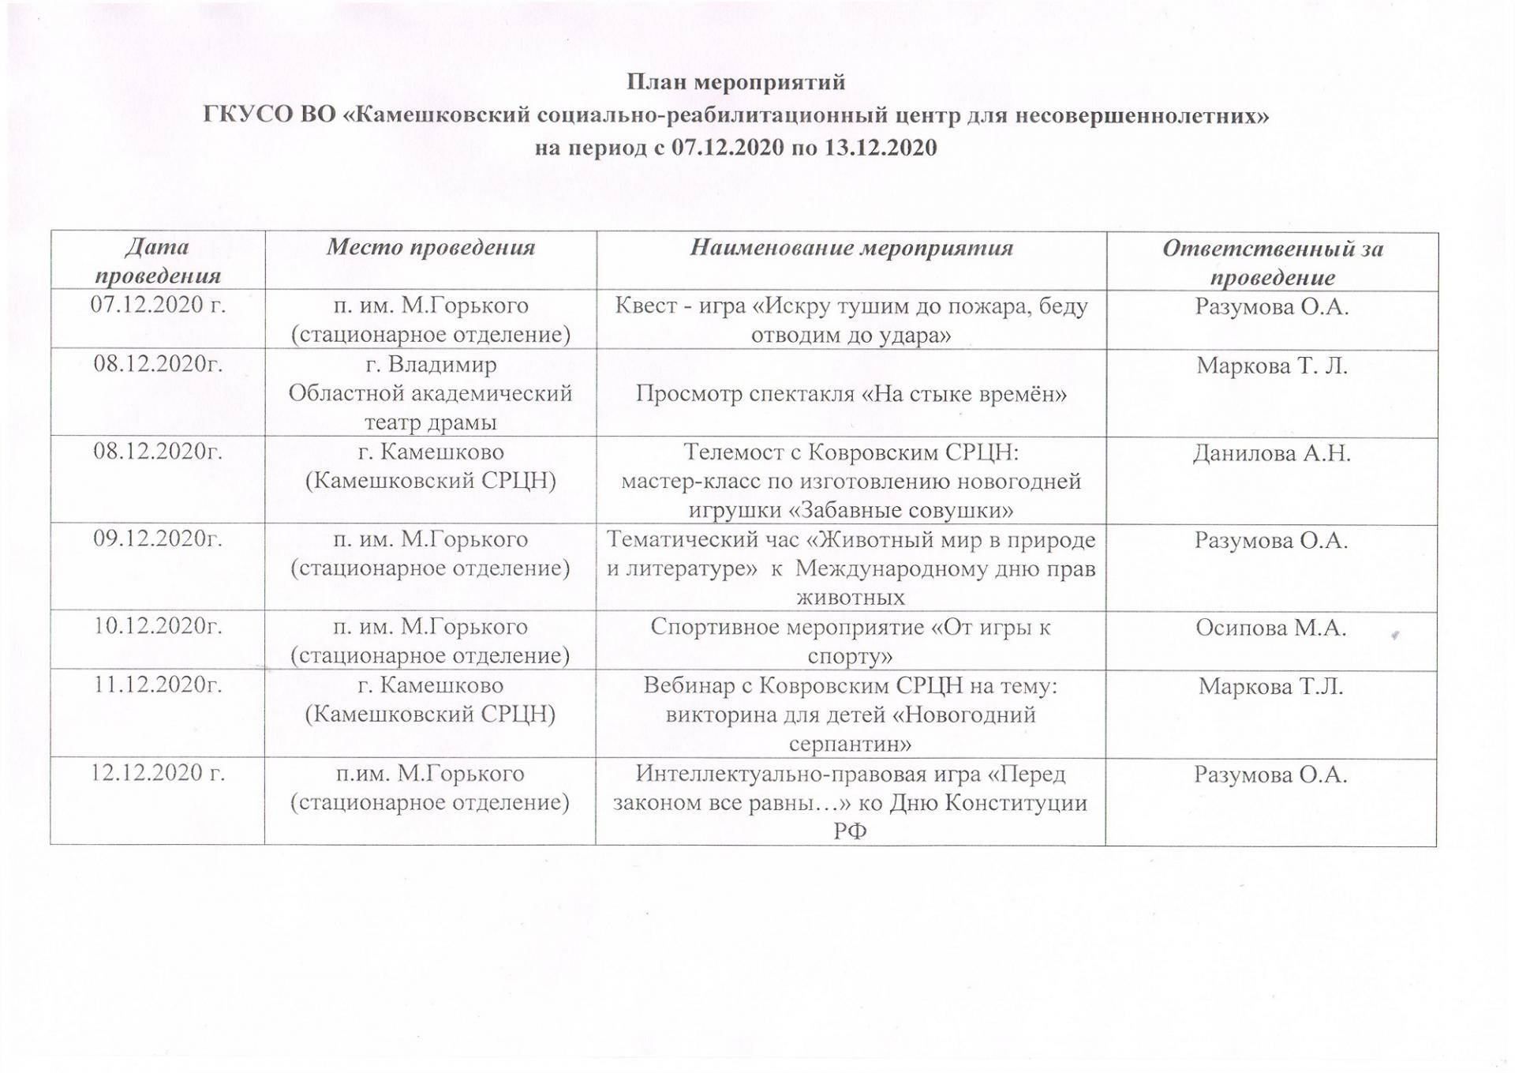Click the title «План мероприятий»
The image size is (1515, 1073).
(x=735, y=82)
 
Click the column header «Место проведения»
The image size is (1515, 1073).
(x=431, y=248)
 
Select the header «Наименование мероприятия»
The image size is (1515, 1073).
(x=851, y=248)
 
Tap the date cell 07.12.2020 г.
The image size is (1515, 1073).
(x=158, y=305)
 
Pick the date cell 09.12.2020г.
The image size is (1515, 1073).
(x=158, y=538)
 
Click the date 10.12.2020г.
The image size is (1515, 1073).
(x=158, y=626)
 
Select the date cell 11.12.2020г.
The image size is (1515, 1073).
(x=158, y=685)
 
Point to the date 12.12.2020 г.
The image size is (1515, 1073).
(x=158, y=772)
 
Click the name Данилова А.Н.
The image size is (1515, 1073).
(x=1271, y=453)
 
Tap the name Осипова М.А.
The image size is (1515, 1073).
(x=1270, y=628)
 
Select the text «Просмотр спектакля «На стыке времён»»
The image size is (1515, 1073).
(x=851, y=394)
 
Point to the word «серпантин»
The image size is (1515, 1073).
(x=851, y=744)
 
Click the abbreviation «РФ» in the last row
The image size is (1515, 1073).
(x=850, y=831)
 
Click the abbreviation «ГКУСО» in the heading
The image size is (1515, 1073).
(x=247, y=115)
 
